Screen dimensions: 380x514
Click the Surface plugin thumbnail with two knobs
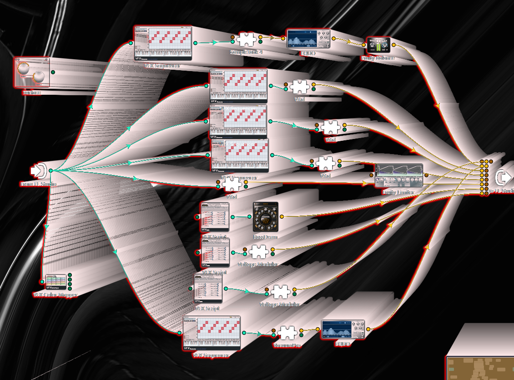point(31,72)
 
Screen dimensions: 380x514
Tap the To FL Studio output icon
point(503,177)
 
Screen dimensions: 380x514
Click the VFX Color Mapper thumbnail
point(56,282)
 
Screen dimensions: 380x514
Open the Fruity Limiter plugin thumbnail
point(398,175)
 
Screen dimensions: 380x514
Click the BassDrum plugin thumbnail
point(266,217)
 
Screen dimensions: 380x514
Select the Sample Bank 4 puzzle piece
point(246,40)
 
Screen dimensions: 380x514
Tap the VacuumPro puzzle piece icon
point(288,333)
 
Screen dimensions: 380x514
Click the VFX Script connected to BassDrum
point(215,217)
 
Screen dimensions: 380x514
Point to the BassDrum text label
point(265,237)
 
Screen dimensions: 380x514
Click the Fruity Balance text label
point(378,58)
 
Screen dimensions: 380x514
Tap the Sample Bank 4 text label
point(246,52)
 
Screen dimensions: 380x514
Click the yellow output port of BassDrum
point(282,217)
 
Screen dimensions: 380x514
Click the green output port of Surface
point(53,72)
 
